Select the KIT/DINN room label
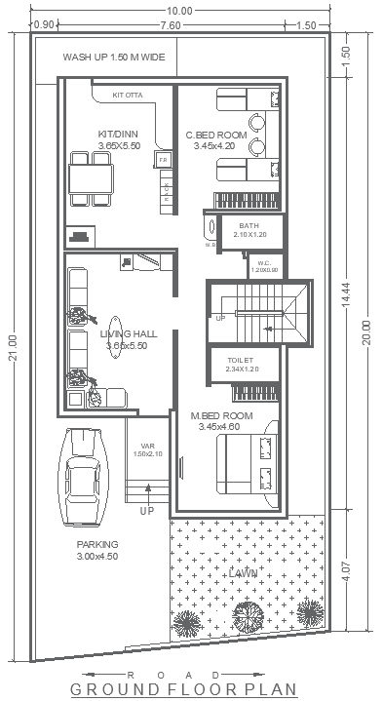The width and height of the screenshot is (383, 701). coord(118,139)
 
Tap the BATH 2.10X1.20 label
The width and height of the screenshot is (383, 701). coord(249,230)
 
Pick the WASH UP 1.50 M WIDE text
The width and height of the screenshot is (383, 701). coord(114,58)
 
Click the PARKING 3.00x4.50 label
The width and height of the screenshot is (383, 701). coord(97,550)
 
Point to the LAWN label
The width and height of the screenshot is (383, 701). coord(243,573)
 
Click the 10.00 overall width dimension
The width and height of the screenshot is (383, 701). coord(179,10)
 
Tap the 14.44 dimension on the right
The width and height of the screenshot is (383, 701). coord(348,297)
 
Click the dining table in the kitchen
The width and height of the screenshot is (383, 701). coord(91,178)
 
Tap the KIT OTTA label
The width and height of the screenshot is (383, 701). coord(128,96)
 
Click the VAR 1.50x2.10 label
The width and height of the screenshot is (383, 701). coord(142,449)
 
